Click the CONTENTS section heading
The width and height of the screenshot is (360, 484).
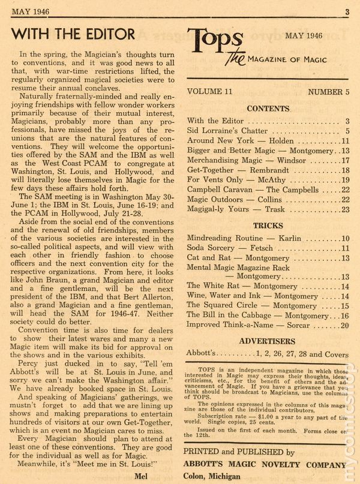[x=268, y=109]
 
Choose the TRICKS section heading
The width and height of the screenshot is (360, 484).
[x=268, y=226]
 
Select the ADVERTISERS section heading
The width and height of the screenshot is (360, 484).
[x=268, y=341]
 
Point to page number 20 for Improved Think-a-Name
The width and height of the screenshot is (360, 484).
[x=344, y=326]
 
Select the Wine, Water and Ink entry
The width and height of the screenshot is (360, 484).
[x=243, y=296]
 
